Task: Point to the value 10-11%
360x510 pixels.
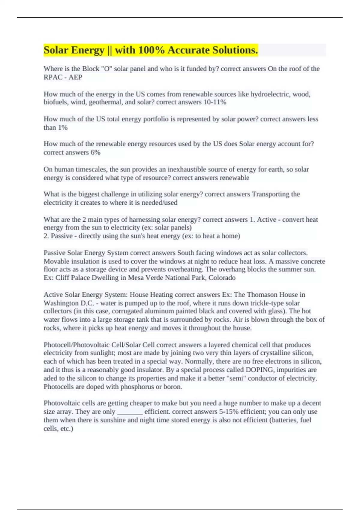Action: (x=215, y=102)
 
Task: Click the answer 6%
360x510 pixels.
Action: (x=95, y=152)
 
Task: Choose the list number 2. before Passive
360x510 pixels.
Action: (x=46, y=236)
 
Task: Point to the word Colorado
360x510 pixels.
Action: (x=222, y=277)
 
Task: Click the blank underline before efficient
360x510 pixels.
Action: (x=130, y=412)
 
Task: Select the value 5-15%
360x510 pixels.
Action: (x=228, y=412)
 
